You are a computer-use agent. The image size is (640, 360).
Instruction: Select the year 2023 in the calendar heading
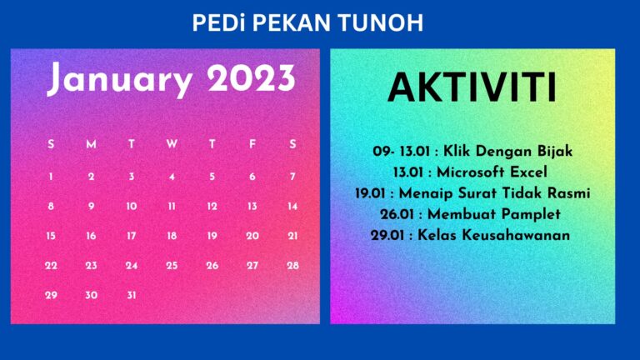[x=251, y=79]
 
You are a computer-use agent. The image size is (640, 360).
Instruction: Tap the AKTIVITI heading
[x=472, y=88]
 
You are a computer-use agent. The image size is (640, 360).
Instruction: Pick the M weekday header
[x=91, y=144]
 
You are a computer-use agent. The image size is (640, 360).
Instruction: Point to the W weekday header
[x=172, y=144]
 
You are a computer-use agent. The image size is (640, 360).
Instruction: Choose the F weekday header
[x=252, y=144]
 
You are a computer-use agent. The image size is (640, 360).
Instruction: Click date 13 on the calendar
[x=252, y=206]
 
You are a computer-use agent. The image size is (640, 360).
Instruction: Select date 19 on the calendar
[x=212, y=236]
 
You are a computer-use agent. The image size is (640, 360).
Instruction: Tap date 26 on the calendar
[x=212, y=266]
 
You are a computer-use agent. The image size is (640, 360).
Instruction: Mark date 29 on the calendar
[x=51, y=295]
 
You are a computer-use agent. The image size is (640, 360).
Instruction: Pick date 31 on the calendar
[x=132, y=295]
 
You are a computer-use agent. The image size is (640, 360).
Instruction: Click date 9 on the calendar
[x=91, y=206]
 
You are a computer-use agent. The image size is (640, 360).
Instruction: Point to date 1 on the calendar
[x=51, y=176]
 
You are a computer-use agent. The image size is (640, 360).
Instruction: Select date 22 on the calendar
[x=51, y=266]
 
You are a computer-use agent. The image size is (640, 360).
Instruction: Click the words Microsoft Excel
[x=494, y=172]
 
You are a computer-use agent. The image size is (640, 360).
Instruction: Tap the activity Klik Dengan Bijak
[x=508, y=152]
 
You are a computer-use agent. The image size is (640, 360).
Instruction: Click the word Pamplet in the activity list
[x=530, y=214]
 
